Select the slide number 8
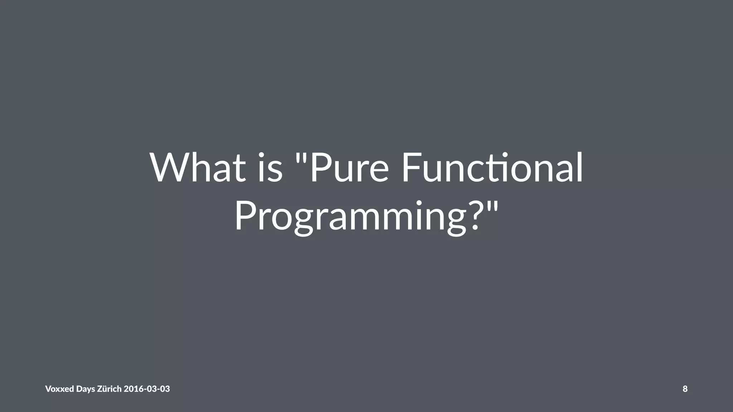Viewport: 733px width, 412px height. [x=685, y=389]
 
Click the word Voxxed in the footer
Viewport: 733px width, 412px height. [x=59, y=389]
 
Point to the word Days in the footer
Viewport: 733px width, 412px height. [x=86, y=389]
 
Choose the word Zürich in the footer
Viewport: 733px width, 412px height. [x=110, y=389]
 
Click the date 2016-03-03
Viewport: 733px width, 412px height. [x=147, y=389]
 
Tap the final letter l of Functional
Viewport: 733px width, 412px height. [x=580, y=167]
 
